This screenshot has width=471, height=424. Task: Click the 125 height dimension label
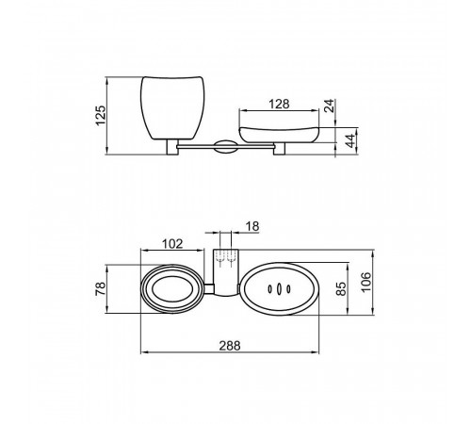[101, 115]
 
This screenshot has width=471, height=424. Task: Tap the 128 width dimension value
[279, 104]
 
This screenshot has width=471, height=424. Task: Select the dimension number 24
[329, 106]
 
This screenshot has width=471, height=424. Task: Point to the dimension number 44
[350, 140]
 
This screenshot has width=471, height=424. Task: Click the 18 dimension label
[252, 226]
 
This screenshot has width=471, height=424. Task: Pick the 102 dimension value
[172, 244]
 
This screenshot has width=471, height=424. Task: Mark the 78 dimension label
[101, 288]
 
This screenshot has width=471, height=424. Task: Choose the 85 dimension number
[341, 288]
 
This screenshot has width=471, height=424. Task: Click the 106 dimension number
[365, 282]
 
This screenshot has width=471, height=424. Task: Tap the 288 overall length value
[230, 346]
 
